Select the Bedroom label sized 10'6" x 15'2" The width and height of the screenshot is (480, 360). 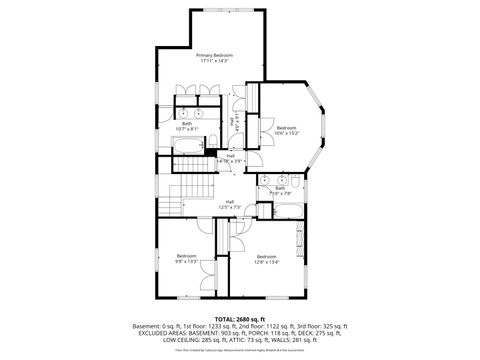[287, 127]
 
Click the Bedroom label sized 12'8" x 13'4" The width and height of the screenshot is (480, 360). [266, 256]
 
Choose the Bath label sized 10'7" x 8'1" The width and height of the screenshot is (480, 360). [187, 124]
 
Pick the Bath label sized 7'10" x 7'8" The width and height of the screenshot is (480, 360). [281, 187]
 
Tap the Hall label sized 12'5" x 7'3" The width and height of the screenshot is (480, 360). [229, 202]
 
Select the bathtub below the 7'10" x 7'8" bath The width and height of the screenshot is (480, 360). [284, 210]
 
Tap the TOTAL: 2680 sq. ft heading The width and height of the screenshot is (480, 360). [239, 318]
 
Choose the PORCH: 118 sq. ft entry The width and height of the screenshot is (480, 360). [285, 333]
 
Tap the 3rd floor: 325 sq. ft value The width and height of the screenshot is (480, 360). [320, 326]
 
